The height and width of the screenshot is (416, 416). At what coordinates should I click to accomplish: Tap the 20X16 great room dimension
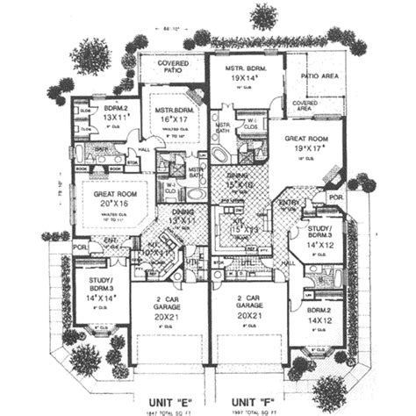108,203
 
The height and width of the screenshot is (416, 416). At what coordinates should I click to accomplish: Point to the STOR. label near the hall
133,162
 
